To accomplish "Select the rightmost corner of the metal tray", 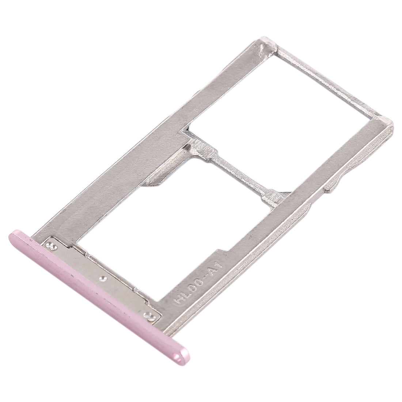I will [x=393, y=126].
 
